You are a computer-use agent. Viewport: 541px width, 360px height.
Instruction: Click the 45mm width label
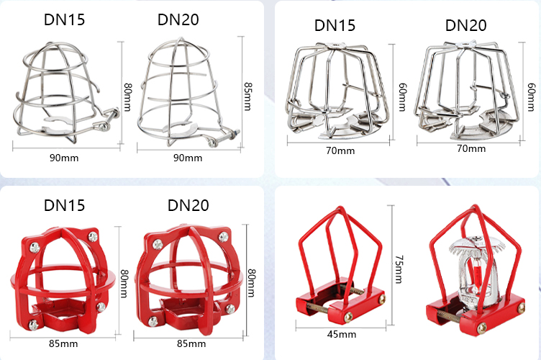[x=342, y=335]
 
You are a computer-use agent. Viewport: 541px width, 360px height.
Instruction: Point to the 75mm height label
[x=399, y=269]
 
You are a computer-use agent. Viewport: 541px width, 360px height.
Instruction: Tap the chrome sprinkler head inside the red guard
[x=476, y=273]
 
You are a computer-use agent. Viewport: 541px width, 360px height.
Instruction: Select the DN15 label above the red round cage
[x=64, y=205]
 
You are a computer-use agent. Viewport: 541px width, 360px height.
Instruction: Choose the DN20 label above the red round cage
[x=188, y=205]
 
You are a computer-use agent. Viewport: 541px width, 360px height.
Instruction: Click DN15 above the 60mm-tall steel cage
[x=335, y=25]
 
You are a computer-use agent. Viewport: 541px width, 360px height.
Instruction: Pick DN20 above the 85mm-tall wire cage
[x=178, y=19]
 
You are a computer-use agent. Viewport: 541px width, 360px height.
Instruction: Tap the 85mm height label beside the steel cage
[x=247, y=96]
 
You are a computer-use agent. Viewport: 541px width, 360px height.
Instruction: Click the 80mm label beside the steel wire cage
[x=127, y=97]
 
